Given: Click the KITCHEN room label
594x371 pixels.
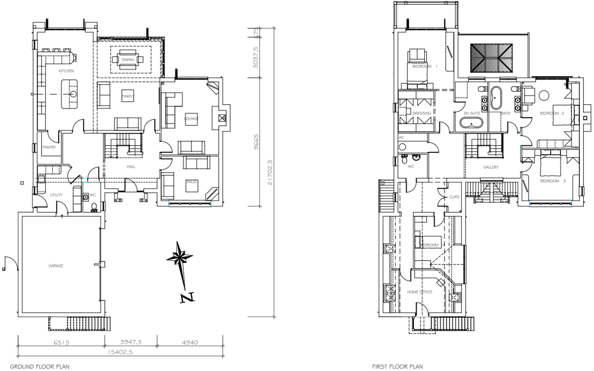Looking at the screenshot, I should [66, 71].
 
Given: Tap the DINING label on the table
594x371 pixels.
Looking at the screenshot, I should [128, 60].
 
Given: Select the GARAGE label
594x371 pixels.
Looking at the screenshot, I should [56, 266].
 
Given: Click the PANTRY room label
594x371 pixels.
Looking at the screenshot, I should [49, 147].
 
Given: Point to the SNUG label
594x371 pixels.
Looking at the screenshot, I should [191, 182].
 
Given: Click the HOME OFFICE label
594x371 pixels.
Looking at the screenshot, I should [419, 292].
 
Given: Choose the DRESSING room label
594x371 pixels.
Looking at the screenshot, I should [421, 113].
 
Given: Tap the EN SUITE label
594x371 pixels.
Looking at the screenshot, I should [472, 113].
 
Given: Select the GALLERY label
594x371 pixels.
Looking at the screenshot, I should [491, 167].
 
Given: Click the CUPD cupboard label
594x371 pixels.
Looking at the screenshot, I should [454, 197].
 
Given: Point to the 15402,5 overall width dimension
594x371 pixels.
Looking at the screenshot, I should [120, 352].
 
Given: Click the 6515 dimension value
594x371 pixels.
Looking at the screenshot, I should [61, 342].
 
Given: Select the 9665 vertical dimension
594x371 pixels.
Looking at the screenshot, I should [256, 142].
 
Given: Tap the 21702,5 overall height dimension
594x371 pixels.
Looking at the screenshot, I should [270, 172].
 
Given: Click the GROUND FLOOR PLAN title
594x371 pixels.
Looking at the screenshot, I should [40, 366].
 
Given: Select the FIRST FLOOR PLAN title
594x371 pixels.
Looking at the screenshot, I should [397, 366].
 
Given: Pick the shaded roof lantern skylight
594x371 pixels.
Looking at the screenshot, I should [491, 57].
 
